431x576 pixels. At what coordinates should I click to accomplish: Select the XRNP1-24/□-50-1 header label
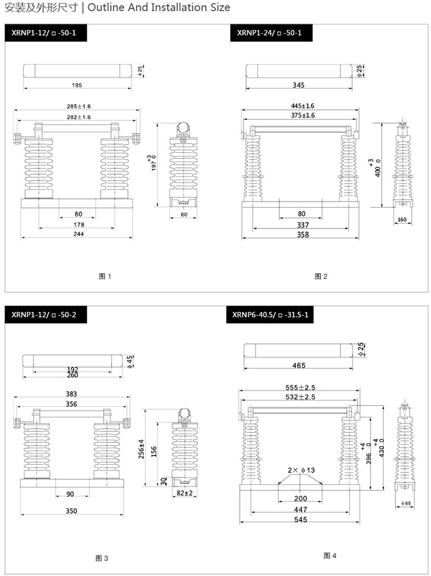click(x=269, y=32)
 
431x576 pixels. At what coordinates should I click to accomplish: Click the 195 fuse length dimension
click(x=76, y=85)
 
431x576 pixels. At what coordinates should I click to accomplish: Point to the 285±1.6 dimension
click(x=79, y=106)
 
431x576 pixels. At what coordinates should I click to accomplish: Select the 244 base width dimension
click(x=79, y=234)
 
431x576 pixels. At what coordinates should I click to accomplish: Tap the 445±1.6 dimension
click(x=302, y=105)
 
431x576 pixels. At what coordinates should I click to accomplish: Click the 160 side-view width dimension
click(x=401, y=220)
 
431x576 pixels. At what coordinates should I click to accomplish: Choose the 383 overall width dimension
click(x=71, y=394)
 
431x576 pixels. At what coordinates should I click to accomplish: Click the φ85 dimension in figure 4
click(x=405, y=504)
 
